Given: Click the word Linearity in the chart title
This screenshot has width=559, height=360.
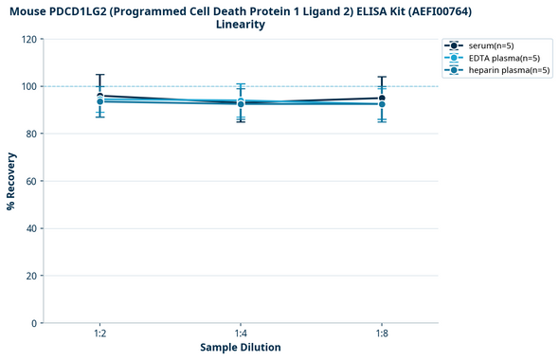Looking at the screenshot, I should click(241, 25).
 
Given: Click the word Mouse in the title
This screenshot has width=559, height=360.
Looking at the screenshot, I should click(30, 10).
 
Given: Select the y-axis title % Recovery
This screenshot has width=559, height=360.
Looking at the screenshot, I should click(11, 180).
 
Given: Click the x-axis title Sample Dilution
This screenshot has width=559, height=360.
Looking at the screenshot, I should click(241, 348).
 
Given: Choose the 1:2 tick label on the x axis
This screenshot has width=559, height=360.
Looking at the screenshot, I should click(99, 333).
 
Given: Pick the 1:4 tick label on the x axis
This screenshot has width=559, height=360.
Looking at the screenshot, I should click(241, 333).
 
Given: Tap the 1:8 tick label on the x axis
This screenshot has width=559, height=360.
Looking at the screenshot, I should click(382, 333).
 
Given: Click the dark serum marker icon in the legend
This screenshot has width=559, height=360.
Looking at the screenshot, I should click(455, 45).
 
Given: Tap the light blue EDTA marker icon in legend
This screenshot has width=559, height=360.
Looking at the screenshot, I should click(455, 58).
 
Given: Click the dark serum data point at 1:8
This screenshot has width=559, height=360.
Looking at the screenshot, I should click(382, 98).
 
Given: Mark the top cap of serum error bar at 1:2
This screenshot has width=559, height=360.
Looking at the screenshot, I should click(99, 75).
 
